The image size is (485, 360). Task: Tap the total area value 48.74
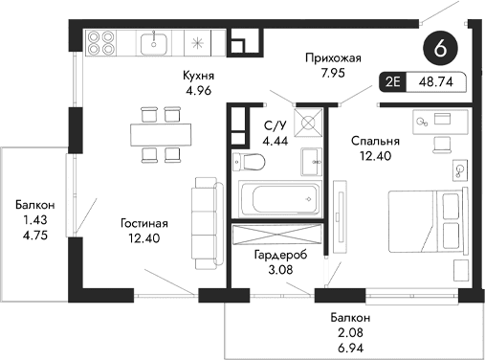pos(436,82)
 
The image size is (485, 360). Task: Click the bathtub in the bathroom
pos(278,198)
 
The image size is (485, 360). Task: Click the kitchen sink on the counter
pos(152,42)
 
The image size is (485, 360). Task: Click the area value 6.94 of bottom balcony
pos(343,347)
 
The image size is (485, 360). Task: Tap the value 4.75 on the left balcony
pos(33,233)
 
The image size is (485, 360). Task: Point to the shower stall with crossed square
pos(309,123)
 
